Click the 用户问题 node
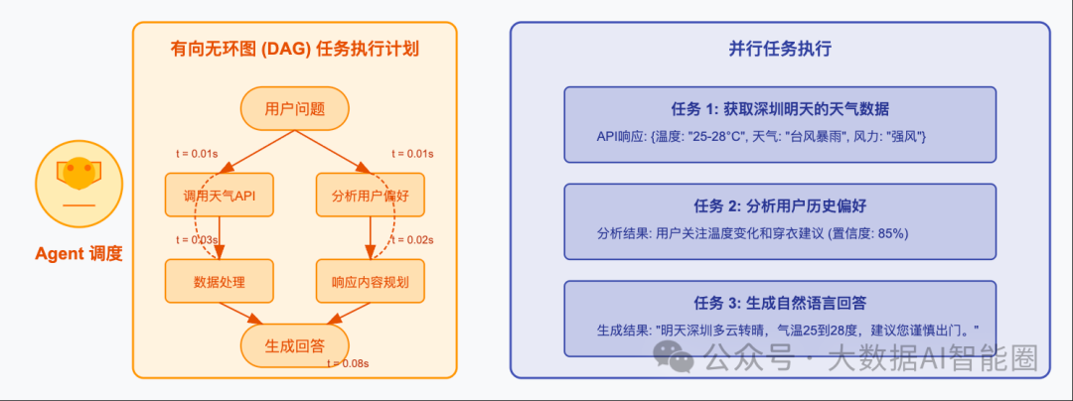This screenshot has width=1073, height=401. pos(295,109)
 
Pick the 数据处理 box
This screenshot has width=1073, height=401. pos(220,281)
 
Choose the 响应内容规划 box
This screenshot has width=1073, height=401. pos(370,281)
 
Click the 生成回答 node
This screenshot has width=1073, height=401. pos(295,346)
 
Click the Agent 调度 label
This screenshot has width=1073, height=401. pos(78,254)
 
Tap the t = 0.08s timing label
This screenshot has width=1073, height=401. pos(348,364)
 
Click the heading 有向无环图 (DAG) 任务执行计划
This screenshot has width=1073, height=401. pos(295,49)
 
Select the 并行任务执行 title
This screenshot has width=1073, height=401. pos(780,49)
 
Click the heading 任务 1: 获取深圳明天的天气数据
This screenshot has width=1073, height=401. pos(780,108)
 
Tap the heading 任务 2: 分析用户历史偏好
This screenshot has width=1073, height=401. pos(780,205)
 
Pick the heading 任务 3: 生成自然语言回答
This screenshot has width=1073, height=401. pos(780,303)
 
